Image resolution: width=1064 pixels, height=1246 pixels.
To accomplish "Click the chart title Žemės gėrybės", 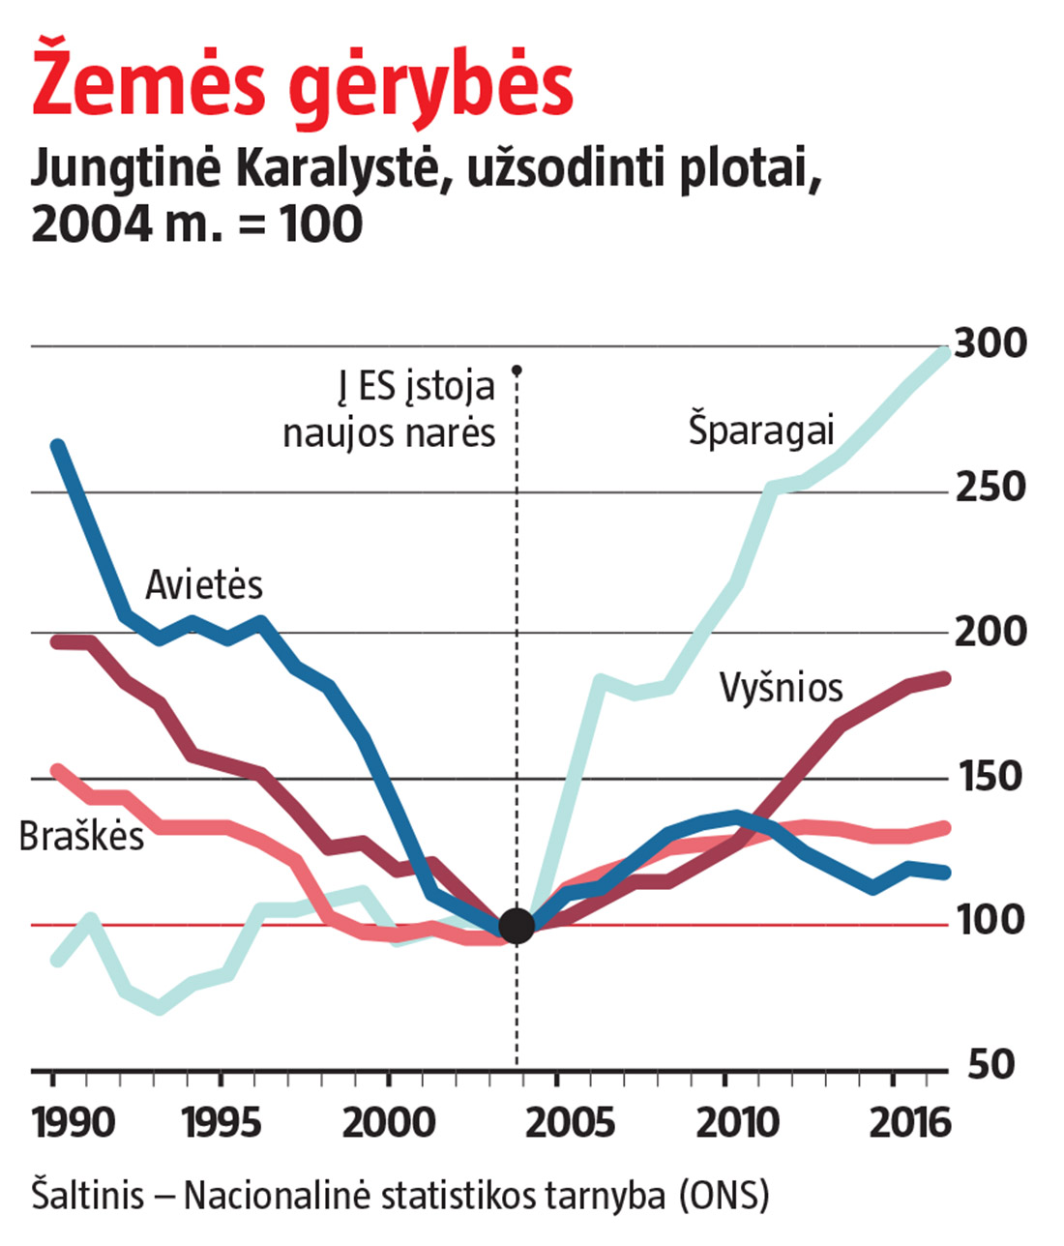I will pyautogui.click(x=303, y=85).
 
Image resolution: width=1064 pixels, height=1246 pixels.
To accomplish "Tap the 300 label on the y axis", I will pyautogui.click(x=990, y=343).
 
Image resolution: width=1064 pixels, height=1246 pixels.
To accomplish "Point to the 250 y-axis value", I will pyautogui.click(x=990, y=488).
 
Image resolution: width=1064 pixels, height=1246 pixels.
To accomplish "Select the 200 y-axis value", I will pyautogui.click(x=990, y=632).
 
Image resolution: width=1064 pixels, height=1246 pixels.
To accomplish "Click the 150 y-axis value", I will pyautogui.click(x=990, y=777).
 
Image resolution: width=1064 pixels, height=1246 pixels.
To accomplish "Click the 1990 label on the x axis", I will pyautogui.click(x=74, y=1124).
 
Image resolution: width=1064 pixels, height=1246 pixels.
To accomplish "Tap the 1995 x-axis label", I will pyautogui.click(x=222, y=1124).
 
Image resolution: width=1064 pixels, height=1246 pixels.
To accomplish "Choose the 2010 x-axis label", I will pyautogui.click(x=737, y=1124).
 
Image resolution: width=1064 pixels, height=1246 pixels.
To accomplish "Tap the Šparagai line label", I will pyautogui.click(x=761, y=430).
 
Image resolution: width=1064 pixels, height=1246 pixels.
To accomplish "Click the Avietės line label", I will pyautogui.click(x=204, y=585).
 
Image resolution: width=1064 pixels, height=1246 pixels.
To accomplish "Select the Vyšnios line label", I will pyautogui.click(x=782, y=688).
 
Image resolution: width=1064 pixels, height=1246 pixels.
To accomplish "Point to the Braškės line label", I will pyautogui.click(x=81, y=837).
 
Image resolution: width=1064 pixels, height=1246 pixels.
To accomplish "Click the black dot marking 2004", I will pyautogui.click(x=517, y=925).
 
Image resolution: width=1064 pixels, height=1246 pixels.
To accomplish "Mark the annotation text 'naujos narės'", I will pyautogui.click(x=389, y=432).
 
